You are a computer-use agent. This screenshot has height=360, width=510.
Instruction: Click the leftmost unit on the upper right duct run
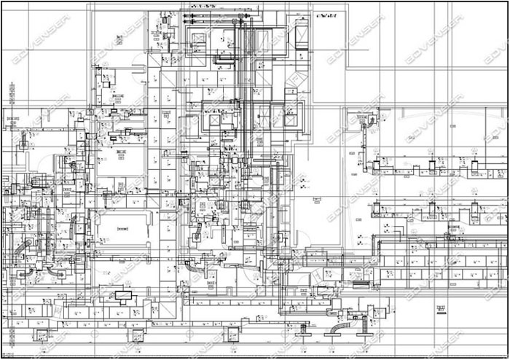pos(377,165)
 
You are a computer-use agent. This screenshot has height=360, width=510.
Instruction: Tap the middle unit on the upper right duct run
pos(431,165)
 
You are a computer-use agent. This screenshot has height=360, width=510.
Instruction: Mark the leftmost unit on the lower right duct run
pos(377,209)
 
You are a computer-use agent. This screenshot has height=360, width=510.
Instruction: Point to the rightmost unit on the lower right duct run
pos(477,211)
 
